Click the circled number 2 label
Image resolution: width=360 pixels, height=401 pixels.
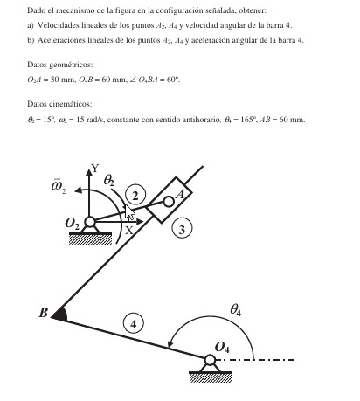tap(135, 193)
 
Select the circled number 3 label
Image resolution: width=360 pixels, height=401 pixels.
tap(182, 230)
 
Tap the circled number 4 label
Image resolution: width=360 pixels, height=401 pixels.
tap(134, 323)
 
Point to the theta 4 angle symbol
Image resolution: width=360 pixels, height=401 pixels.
tap(235, 308)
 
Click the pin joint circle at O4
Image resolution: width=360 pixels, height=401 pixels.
tap(211, 360)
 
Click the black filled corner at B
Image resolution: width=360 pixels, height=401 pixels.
tap(58, 313)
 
